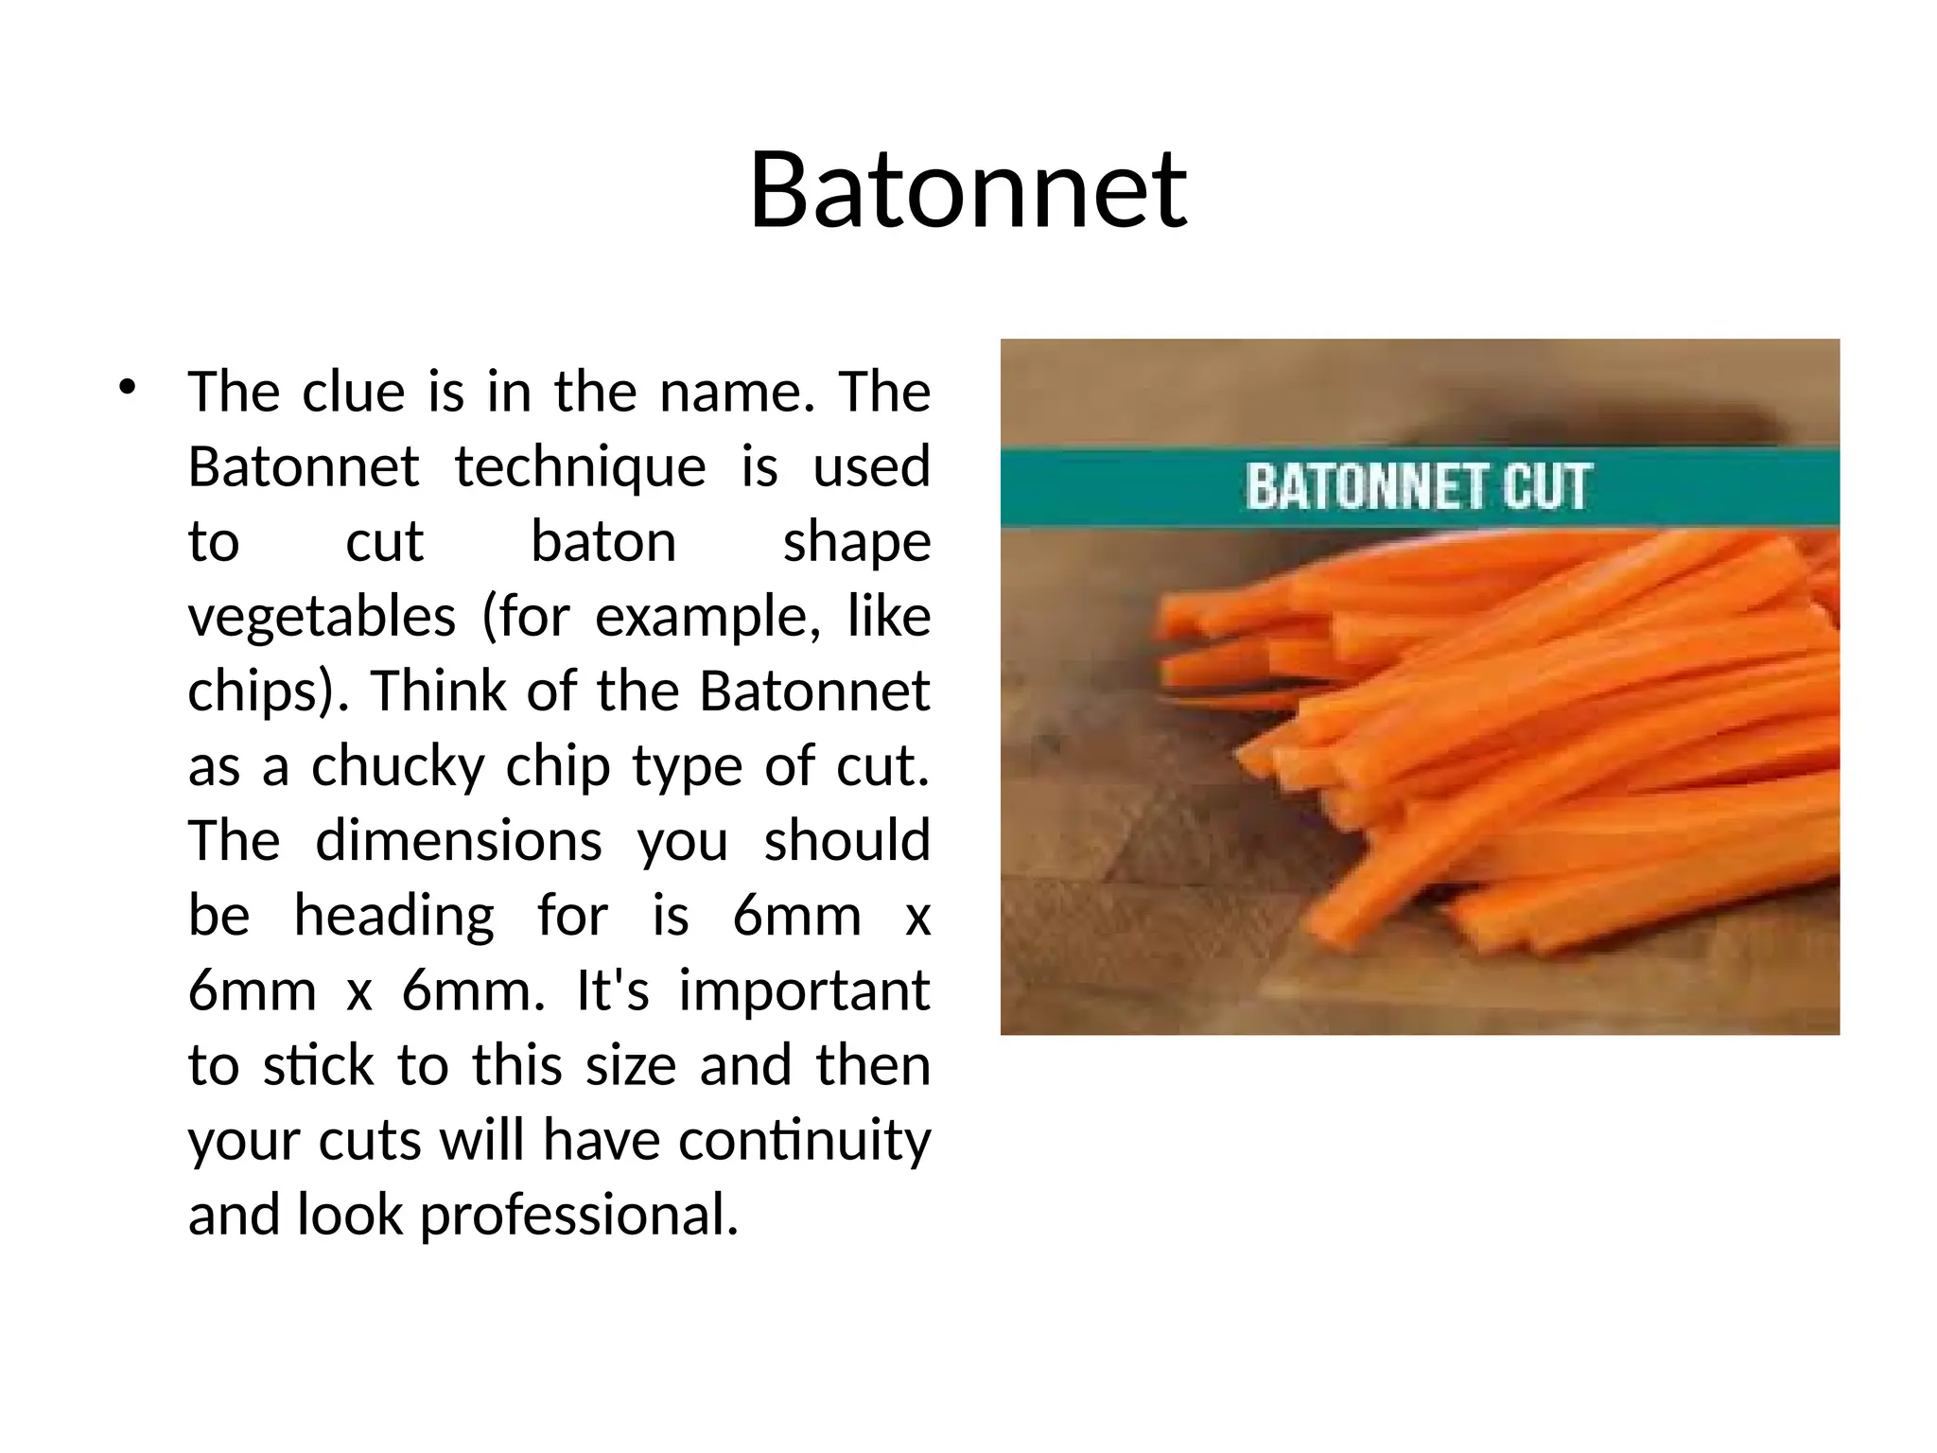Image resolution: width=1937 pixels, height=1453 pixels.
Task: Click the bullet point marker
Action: (128, 387)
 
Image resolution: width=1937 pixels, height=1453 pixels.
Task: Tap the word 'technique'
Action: (580, 467)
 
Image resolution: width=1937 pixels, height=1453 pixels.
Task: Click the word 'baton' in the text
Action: (603, 542)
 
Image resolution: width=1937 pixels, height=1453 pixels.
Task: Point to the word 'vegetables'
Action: (322, 618)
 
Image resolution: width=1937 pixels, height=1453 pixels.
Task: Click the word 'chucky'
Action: (397, 766)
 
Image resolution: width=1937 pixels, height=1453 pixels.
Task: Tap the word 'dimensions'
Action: (458, 841)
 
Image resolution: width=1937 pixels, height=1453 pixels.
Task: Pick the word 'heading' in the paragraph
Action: (393, 917)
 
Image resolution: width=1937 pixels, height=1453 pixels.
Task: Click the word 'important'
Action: (804, 990)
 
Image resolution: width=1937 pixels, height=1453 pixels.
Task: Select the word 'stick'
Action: (318, 1065)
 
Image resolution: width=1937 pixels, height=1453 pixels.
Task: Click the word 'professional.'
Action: (579, 1215)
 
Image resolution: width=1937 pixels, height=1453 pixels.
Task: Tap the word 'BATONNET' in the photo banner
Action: (1365, 487)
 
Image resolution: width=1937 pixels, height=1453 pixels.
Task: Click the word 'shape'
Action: (857, 542)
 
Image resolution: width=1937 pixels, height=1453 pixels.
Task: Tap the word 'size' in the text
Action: (631, 1065)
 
